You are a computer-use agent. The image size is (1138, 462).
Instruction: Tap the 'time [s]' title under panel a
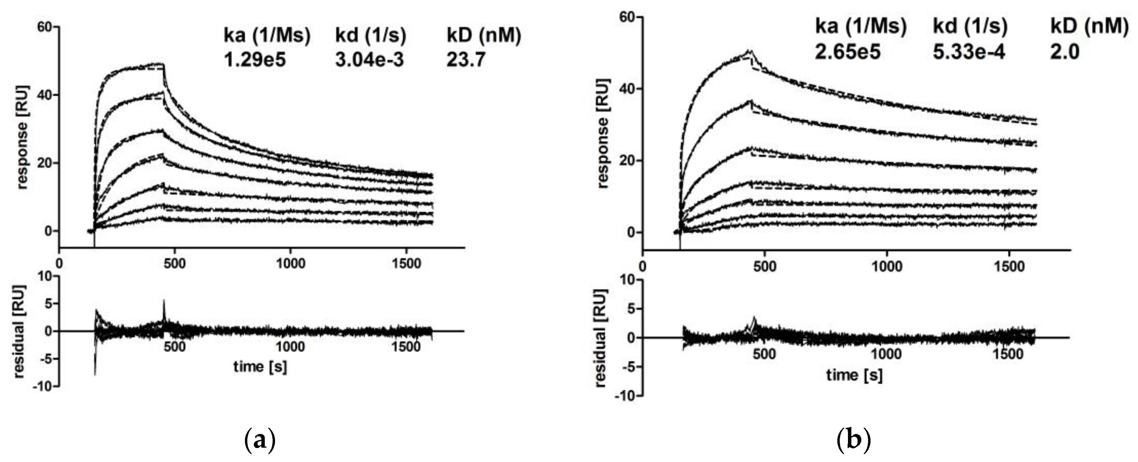(260, 367)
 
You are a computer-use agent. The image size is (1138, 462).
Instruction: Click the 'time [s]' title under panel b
(854, 375)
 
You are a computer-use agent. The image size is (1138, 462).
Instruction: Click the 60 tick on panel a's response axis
(45, 27)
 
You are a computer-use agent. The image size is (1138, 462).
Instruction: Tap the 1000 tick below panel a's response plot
(290, 264)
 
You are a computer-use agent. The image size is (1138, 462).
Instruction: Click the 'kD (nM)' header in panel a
(484, 35)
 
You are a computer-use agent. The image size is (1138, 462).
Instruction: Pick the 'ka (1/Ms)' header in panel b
(861, 27)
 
